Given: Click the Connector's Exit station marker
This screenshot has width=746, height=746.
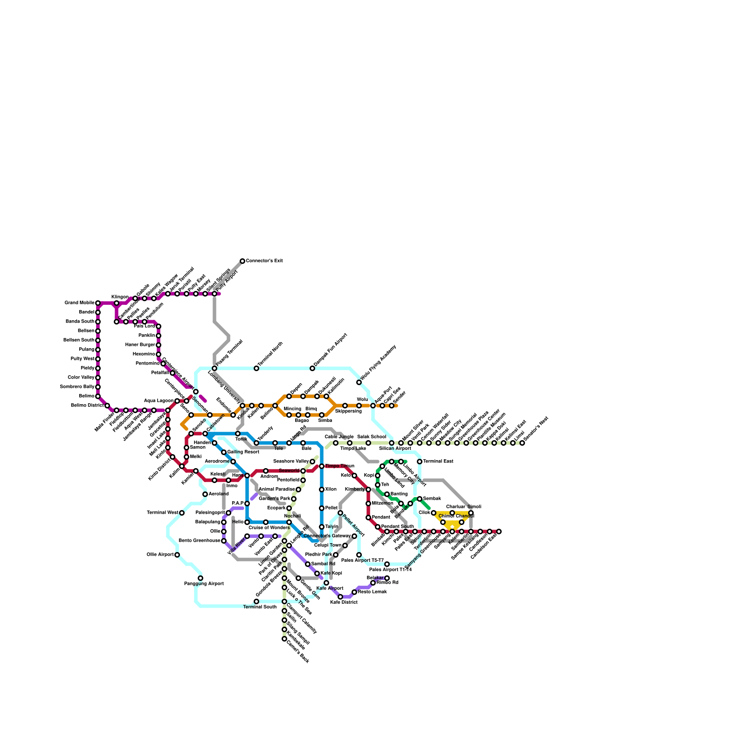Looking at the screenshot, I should coord(242,261).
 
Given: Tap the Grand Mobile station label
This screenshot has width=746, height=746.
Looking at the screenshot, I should coord(79,303).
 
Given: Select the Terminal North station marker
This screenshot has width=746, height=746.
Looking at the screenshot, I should coord(256,368).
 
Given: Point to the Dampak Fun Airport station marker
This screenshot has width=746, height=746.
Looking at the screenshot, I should coord(312,368).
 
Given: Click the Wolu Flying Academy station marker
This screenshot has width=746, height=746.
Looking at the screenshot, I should coord(359,382).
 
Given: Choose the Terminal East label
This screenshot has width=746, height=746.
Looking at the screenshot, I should coord(438,462).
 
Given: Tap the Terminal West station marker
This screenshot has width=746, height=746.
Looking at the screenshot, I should coord(182,513).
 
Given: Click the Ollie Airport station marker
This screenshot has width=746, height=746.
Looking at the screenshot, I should coord(177,555).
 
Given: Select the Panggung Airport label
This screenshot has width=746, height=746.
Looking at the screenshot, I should coord(204,584).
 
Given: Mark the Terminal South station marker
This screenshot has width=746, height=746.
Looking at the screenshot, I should coord(256,601).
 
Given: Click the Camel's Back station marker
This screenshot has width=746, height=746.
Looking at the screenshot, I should coord(284,639).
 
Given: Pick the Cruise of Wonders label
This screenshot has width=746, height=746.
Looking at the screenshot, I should coord(269,528).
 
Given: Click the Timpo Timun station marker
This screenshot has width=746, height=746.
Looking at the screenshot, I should coord(322,466).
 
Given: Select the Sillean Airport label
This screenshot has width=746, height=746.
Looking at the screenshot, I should coord(395,449).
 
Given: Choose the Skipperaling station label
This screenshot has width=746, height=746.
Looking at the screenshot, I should coord(348,411).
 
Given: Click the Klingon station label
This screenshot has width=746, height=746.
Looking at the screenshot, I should coord(120,297).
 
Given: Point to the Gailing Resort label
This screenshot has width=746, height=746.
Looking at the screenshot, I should coord(243,452).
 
